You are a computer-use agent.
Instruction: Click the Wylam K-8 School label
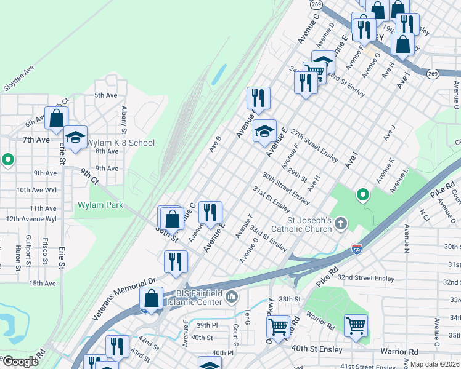point(120,143)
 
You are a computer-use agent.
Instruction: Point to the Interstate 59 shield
point(357,248)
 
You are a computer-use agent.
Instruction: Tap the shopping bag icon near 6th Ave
point(57,118)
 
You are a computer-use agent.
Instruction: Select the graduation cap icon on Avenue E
point(264,130)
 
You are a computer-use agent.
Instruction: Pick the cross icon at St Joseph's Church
point(342,224)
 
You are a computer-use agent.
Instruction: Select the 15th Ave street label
point(42,283)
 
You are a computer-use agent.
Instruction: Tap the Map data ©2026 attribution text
point(434,364)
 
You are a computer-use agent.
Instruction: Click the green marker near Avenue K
point(363,195)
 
